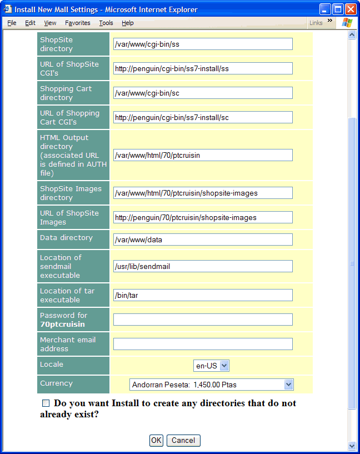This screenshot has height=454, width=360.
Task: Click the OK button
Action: coord(156,440)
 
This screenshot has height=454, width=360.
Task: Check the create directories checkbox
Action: coord(46,403)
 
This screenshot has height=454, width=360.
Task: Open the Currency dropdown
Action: coord(211,385)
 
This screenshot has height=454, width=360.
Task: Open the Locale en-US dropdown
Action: coord(212,366)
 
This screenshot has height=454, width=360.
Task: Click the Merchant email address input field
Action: coord(203,344)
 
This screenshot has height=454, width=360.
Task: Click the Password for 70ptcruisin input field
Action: coord(203,320)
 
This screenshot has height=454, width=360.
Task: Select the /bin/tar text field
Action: coord(203,295)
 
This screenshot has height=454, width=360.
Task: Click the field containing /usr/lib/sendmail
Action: coord(203,266)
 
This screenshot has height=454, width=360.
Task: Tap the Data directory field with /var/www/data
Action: coord(203,240)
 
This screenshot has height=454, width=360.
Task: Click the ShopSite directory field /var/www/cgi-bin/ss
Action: coord(203,44)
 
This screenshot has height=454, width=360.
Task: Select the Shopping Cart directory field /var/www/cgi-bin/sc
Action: coord(203,93)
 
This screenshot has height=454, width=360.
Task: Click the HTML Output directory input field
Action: coord(203,155)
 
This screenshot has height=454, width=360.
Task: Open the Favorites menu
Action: coord(77,23)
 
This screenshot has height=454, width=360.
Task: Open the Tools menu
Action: coord(106,23)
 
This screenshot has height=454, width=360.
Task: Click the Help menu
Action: coord(128,23)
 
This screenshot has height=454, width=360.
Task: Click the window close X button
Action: coord(351,9)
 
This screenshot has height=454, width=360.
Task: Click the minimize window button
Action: coord(325,9)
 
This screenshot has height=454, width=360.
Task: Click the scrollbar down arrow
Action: coord(352,446)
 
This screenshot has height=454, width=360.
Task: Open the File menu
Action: coord(12,23)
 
